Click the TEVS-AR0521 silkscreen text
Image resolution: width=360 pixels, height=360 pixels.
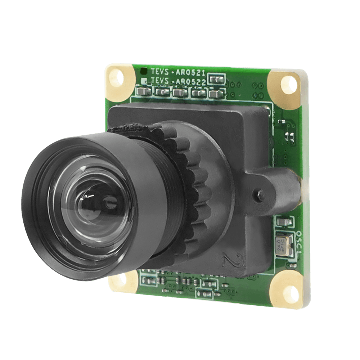pyautogui.click(x=178, y=72)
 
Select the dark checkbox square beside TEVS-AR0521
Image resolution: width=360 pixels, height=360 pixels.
pyautogui.click(x=143, y=71)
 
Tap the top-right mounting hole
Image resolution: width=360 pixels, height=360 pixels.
pyautogui.click(x=288, y=85)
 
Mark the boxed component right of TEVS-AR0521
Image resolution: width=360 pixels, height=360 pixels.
pyautogui.click(x=217, y=79)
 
